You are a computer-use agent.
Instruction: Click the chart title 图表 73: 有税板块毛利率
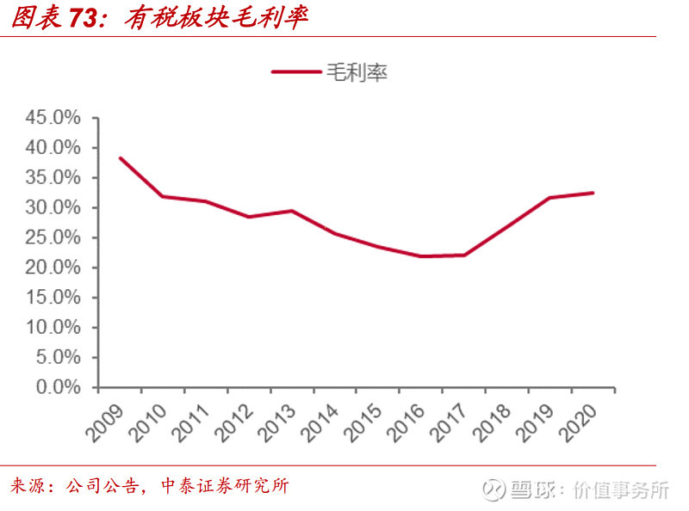(x=159, y=17)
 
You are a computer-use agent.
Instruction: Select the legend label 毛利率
(x=357, y=72)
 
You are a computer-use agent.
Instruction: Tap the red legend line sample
(x=296, y=71)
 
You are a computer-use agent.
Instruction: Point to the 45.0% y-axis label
(x=53, y=118)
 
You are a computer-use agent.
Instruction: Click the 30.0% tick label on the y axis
(x=53, y=207)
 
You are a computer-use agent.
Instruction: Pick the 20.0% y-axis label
(x=53, y=268)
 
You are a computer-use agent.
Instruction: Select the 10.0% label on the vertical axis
(x=53, y=327)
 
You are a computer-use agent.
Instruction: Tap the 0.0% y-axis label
(x=59, y=387)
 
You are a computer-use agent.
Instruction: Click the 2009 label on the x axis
(x=104, y=422)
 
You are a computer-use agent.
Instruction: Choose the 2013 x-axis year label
(x=276, y=422)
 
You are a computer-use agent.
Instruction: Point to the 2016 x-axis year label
(x=406, y=422)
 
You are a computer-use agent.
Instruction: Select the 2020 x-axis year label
(x=578, y=422)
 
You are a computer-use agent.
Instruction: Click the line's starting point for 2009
(x=121, y=158)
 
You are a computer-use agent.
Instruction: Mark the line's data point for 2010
(x=163, y=196)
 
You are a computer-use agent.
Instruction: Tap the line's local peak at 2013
(x=292, y=211)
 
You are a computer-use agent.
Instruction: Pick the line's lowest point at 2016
(x=420, y=256)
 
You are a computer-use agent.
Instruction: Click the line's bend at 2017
(x=464, y=255)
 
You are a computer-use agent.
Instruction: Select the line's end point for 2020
(x=593, y=193)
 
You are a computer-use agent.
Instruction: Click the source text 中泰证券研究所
(x=225, y=486)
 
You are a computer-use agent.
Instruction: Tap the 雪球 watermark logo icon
(x=493, y=490)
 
